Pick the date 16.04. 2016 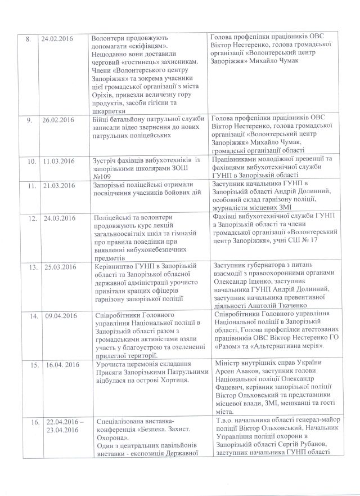coord(58,365)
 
